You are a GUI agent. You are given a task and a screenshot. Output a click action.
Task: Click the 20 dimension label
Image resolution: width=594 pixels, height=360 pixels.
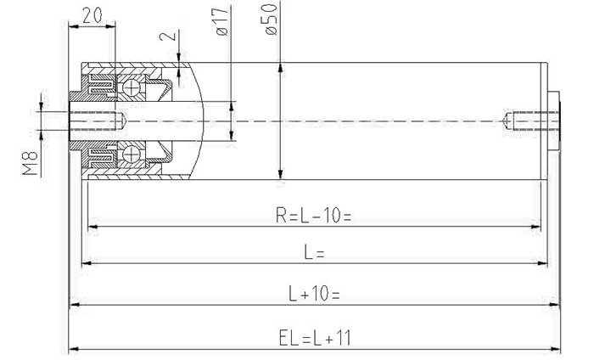(92, 15)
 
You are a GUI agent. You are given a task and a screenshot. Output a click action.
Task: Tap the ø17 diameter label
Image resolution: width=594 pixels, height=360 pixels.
(222, 21)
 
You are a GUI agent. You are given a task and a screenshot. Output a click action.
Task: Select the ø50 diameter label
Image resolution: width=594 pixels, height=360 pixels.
(271, 20)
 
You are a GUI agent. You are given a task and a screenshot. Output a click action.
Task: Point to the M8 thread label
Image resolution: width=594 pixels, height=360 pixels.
(30, 163)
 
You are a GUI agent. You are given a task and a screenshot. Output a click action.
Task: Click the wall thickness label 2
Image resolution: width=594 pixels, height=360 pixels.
(168, 36)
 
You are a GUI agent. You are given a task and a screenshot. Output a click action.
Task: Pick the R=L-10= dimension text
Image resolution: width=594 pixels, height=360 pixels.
(314, 216)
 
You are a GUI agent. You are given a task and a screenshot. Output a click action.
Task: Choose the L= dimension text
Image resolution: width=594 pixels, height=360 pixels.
(315, 252)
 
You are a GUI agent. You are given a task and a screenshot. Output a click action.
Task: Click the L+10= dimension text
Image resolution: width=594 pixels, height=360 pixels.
(314, 294)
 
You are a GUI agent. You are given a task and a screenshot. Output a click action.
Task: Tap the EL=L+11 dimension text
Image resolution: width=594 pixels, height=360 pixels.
(315, 338)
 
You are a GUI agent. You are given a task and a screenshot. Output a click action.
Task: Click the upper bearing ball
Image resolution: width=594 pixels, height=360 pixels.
(132, 88)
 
